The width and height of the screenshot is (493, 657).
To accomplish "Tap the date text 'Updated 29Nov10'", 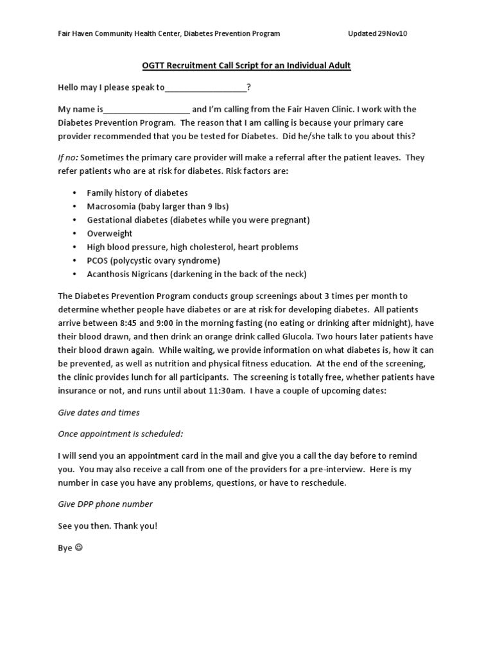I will coord(377,34).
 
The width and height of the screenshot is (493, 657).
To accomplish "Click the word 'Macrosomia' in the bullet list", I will coord(110,206).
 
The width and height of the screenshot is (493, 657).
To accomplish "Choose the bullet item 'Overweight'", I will coord(110,234).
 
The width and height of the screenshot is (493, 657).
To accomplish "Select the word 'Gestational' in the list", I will coord(110,220).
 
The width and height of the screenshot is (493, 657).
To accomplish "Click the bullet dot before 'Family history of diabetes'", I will coord(74,192).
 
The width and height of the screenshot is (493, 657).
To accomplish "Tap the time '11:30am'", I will coord(229,390).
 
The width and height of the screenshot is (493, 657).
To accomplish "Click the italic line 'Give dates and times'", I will coord(99,412).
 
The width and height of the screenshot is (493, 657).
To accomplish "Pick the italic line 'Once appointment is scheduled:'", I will coord(121,434).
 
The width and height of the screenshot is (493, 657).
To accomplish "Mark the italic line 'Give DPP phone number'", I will coord(105,504).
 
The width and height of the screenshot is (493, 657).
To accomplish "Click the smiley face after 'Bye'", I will coord(79,549).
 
